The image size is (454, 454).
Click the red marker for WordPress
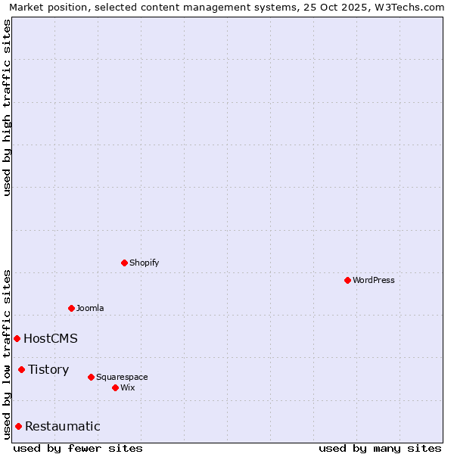point(347,280)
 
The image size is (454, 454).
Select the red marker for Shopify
point(124,263)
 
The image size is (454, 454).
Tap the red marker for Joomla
point(71,308)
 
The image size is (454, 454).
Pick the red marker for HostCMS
point(17,338)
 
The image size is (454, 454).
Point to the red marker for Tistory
point(21,369)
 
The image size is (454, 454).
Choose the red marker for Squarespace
point(91,377)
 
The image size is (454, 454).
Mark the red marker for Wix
point(115,387)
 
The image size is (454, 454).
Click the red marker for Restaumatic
point(18,426)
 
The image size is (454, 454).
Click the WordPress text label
point(374,280)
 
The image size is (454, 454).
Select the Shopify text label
point(144,263)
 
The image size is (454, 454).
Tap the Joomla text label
point(90,308)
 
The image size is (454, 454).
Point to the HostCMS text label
point(51,338)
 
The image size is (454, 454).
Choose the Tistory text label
point(48,369)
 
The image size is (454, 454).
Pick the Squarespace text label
point(122,377)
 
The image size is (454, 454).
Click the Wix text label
point(127,387)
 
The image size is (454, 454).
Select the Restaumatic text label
point(63,426)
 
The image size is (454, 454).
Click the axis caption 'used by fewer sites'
point(78,448)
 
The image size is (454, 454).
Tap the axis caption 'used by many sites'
point(380,448)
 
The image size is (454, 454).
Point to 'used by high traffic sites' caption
point(7,107)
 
